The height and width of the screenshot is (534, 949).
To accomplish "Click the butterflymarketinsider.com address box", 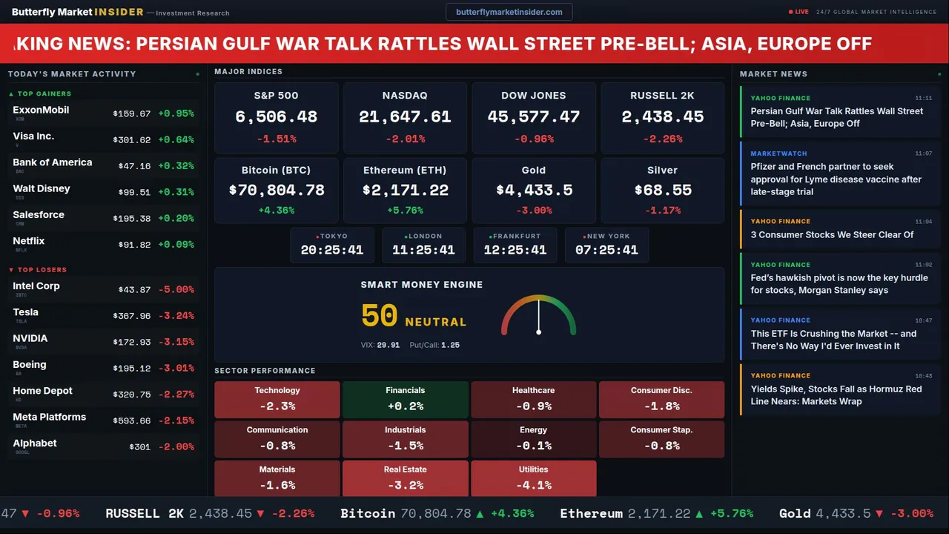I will point(509,12).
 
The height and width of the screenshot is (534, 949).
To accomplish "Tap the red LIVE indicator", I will point(799,12).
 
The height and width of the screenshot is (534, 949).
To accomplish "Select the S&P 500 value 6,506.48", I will point(276,117).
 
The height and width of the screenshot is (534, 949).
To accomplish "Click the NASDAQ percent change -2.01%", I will point(405,139).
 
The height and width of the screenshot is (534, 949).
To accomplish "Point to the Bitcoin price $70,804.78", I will point(277,191).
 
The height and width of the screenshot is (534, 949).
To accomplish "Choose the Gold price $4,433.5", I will point(534,191).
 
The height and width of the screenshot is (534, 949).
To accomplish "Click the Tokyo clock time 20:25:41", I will point(332,250).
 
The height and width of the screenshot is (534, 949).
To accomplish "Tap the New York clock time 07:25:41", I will point(606,250).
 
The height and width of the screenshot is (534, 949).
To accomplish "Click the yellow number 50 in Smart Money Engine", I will point(380,316).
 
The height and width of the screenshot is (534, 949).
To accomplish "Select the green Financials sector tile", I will point(405,399).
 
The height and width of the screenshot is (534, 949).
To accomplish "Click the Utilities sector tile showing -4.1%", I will point(534,478).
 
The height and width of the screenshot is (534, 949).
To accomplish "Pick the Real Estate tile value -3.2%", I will point(405,486).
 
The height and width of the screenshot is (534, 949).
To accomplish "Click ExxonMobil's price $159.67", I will point(132,114).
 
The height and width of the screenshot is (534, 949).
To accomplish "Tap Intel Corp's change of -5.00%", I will point(176,290).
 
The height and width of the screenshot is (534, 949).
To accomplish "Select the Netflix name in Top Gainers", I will point(29,241).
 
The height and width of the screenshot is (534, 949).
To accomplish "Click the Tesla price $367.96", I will point(132,316).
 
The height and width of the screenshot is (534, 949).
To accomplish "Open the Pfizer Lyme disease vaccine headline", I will point(836,179).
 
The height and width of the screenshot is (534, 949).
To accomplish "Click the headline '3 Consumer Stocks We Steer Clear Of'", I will point(832,234).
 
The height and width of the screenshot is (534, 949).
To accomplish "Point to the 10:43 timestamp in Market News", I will point(923,376).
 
